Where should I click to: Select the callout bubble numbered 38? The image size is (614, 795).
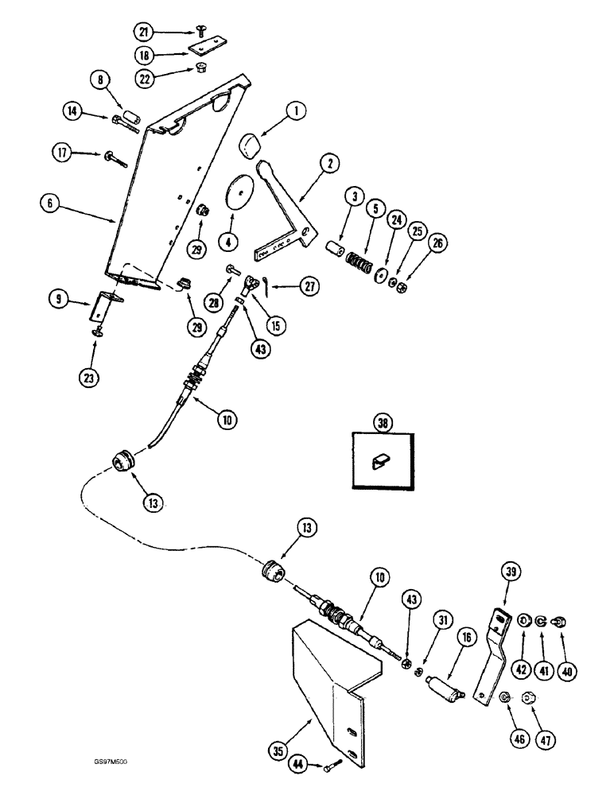(x=383, y=424)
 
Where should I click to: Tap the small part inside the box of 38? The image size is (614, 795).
(x=380, y=460)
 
